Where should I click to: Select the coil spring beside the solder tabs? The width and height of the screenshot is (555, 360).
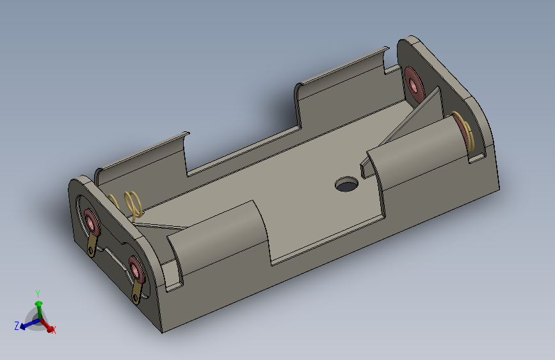tap(133, 203)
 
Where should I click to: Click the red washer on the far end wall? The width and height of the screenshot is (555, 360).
tap(414, 85)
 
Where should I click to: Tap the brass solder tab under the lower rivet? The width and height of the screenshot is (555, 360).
tap(137, 293)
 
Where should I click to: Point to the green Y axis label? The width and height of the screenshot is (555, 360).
tap(38, 293)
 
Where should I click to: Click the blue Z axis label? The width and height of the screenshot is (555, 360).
tap(16, 326)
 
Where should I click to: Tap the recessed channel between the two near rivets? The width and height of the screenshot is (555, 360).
tap(113, 247)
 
